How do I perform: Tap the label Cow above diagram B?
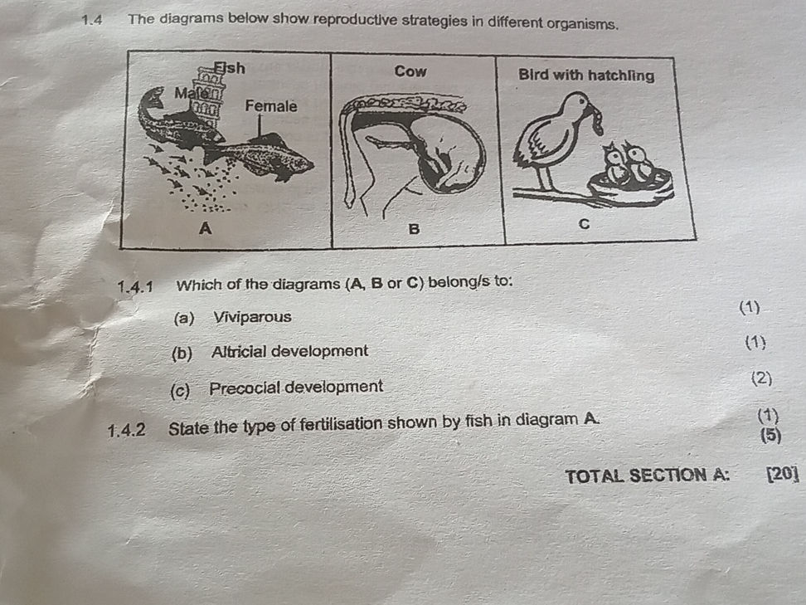click(410, 72)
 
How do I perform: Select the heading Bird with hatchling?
click(585, 76)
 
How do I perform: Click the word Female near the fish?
click(270, 106)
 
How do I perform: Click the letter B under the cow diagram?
click(415, 227)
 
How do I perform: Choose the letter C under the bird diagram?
click(584, 225)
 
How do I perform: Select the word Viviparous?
click(252, 317)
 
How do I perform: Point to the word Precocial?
click(246, 388)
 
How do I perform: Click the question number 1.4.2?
click(127, 431)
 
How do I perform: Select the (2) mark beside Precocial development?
click(760, 379)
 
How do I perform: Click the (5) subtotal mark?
click(770, 434)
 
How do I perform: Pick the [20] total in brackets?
click(782, 475)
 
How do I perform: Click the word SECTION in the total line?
click(672, 476)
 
